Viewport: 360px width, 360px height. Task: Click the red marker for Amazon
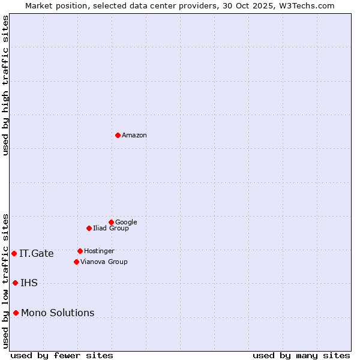pyautogui.click(x=118, y=135)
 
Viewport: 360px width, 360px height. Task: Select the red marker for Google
pyautogui.click(x=111, y=222)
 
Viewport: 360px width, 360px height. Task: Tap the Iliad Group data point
pyautogui.click(x=89, y=228)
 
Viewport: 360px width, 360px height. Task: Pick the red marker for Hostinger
pyautogui.click(x=80, y=251)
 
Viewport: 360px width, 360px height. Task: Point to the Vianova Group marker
pyautogui.click(x=76, y=262)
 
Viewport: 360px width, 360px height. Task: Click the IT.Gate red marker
pyautogui.click(x=14, y=253)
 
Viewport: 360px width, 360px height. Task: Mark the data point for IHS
pyautogui.click(x=15, y=283)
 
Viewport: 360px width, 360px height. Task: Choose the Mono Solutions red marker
pyautogui.click(x=16, y=313)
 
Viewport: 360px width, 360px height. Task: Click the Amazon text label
pyautogui.click(x=134, y=136)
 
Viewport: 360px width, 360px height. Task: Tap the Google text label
pyautogui.click(x=126, y=223)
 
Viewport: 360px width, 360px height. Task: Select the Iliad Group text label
pyautogui.click(x=111, y=229)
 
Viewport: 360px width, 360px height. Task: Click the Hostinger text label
pyautogui.click(x=99, y=251)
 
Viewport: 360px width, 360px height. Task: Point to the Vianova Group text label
pyautogui.click(x=104, y=262)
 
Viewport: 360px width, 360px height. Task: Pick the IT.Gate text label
pyautogui.click(x=37, y=254)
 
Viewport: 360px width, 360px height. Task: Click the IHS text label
pyautogui.click(x=29, y=283)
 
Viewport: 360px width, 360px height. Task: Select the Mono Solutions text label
pyautogui.click(x=58, y=313)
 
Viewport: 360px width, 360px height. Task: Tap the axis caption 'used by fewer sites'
pyautogui.click(x=62, y=355)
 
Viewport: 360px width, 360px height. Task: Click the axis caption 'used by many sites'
pyautogui.click(x=301, y=355)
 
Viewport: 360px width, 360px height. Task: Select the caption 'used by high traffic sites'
pyautogui.click(x=5, y=85)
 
